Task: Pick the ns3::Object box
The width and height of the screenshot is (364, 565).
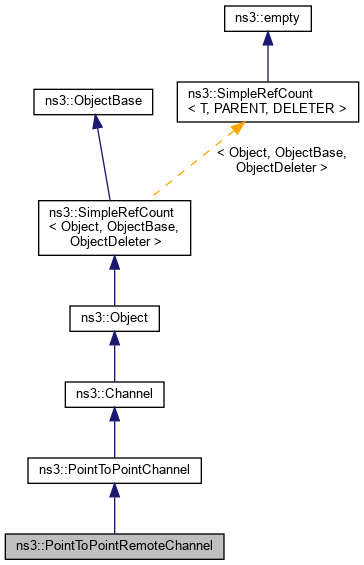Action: (114, 319)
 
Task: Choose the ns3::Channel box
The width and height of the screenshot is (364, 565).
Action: (114, 395)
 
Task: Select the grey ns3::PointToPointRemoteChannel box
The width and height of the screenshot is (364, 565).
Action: (114, 546)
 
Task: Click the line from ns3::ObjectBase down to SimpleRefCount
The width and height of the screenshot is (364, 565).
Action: (102, 160)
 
